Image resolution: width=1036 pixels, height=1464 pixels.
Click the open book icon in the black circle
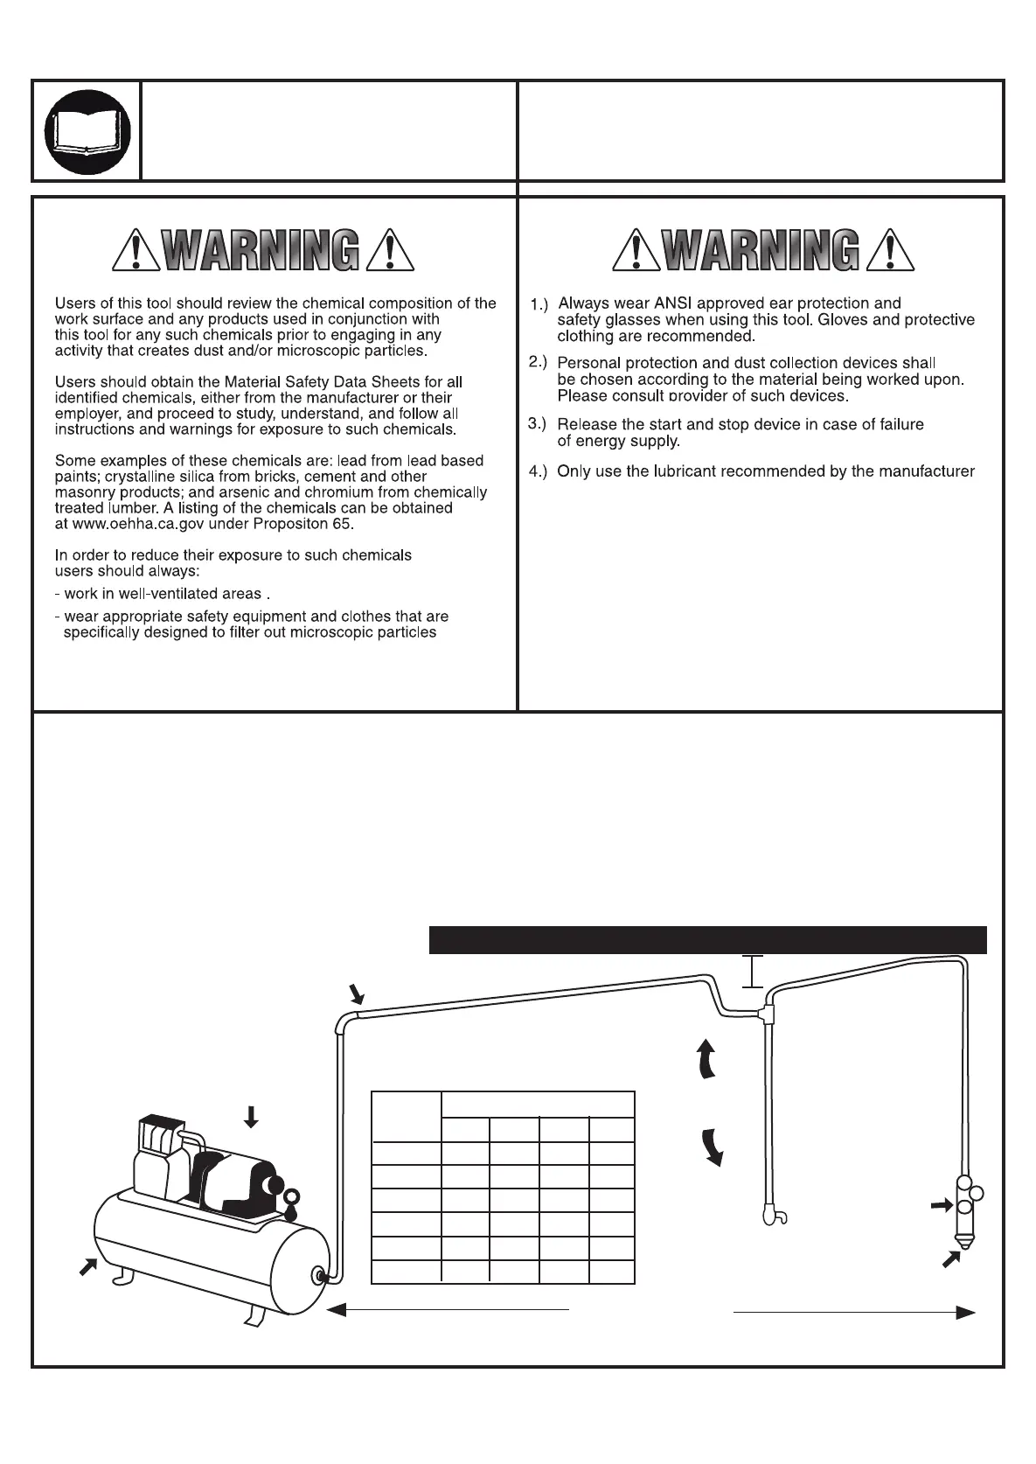[87, 131]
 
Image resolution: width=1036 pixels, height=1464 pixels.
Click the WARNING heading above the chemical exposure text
[262, 250]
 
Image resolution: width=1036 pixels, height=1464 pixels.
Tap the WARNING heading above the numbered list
[762, 250]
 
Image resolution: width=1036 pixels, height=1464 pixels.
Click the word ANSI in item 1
[673, 303]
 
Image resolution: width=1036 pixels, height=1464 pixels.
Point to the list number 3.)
[538, 424]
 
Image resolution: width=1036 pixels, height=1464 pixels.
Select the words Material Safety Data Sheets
[323, 382]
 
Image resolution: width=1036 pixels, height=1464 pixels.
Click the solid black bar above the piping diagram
[707, 939]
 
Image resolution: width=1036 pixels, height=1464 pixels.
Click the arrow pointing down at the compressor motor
[251, 1116]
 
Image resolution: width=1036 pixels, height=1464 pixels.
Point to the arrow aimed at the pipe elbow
[357, 993]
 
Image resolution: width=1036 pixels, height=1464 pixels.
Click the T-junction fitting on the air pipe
[768, 1014]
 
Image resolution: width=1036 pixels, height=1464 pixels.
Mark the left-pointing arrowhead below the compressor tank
[337, 1309]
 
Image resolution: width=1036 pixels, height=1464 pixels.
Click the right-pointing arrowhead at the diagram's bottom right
[964, 1312]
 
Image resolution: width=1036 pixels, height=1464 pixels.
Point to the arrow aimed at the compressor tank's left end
[88, 1265]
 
